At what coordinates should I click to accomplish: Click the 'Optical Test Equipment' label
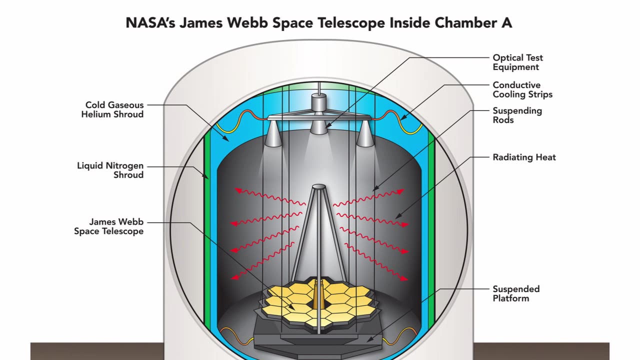pos(517,62)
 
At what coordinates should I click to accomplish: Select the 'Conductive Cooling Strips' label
pos(522,89)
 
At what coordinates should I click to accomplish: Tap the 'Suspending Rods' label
pos(517,115)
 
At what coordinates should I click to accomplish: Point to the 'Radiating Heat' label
pos(524,157)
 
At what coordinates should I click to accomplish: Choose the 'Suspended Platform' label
pos(516,293)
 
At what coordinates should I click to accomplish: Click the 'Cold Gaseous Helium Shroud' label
pos(114,109)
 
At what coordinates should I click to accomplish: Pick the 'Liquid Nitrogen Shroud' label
pos(110,170)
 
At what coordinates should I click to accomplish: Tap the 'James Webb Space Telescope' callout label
pos(108,226)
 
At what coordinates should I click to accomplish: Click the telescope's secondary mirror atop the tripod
pos(318,187)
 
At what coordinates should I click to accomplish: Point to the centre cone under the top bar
pos(318,126)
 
